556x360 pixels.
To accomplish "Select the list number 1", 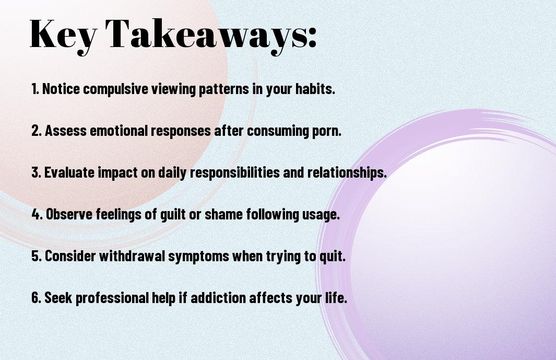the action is tap(35, 89).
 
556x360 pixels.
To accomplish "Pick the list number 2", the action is tap(37, 131).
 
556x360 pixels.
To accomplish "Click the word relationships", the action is tap(347, 172).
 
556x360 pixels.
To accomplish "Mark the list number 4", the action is tap(37, 214).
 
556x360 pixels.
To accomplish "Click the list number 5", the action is tap(37, 256).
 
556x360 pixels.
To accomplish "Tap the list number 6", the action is tap(37, 297).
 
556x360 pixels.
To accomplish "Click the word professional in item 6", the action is tap(112, 298).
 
